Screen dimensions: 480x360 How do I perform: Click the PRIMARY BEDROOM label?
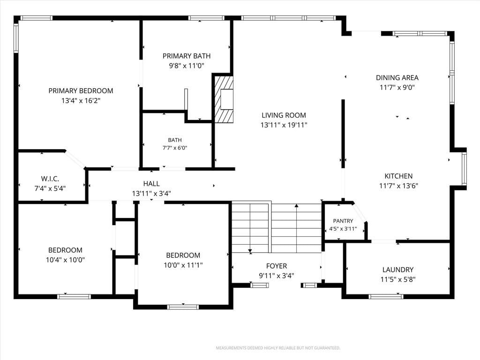click(81, 91)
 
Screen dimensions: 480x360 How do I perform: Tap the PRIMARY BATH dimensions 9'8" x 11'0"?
click(187, 66)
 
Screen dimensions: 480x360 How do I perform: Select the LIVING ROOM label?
click(284, 115)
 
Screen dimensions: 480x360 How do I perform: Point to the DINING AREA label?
click(397, 78)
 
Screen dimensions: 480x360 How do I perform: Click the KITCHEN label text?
click(398, 176)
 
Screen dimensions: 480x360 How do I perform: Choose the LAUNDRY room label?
click(398, 270)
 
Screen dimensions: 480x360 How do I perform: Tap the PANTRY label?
click(343, 221)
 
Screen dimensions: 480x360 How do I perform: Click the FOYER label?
click(277, 266)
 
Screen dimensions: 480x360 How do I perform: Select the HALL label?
click(151, 184)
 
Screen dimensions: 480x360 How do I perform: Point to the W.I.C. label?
click(50, 179)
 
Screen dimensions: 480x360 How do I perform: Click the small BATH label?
click(175, 140)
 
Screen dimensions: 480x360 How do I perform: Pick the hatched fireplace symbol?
click(224, 99)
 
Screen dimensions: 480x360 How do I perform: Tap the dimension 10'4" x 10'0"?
click(65, 260)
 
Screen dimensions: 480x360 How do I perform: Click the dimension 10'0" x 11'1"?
click(183, 265)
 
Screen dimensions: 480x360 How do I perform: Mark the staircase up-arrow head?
click(296, 206)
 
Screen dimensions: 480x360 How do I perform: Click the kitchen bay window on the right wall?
click(464, 169)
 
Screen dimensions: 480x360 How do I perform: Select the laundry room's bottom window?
click(386, 296)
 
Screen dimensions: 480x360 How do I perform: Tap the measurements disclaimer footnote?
click(278, 348)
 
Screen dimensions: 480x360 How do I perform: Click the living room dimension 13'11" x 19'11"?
click(284, 125)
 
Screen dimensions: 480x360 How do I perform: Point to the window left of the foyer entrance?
click(260, 285)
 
